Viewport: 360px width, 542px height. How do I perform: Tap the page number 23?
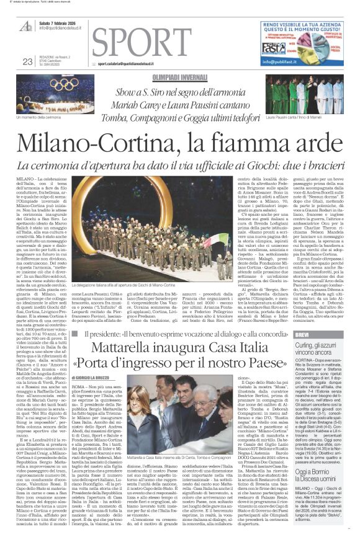coord(27,61)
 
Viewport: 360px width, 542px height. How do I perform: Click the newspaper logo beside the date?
coord(26,25)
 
